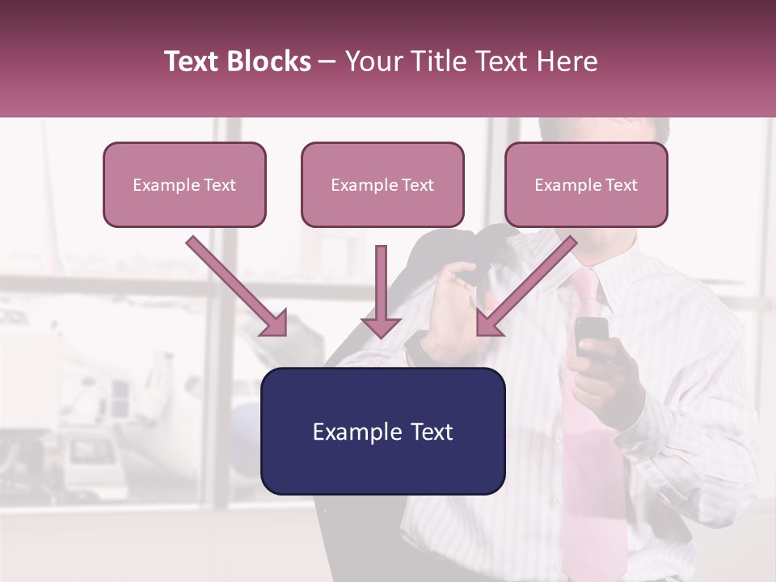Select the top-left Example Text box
[x=184, y=184]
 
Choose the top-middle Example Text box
[x=382, y=184]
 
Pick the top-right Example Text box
[x=586, y=184]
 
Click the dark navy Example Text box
[x=382, y=431]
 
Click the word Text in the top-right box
[x=621, y=184]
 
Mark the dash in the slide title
[x=327, y=62]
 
